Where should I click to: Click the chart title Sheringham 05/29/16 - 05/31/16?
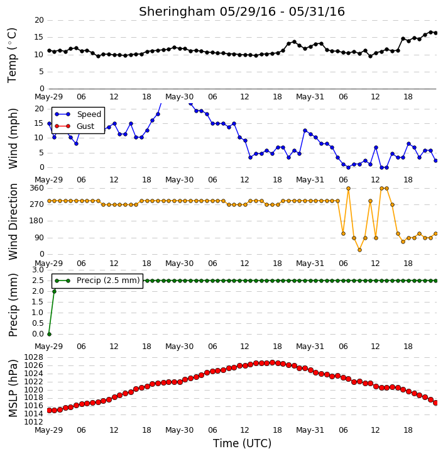[242, 11]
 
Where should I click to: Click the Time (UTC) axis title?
[242, 443]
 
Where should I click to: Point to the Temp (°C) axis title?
[12, 55]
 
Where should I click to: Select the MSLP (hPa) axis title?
[13, 388]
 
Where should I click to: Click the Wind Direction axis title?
[13, 221]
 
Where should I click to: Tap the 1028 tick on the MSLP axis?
[33, 357]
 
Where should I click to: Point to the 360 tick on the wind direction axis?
[36, 188]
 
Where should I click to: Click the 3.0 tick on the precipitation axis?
[38, 270]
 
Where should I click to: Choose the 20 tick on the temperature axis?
[39, 20]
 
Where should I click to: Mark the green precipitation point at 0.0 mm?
[49, 334]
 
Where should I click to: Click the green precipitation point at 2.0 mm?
[54, 291]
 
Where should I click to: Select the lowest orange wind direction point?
[359, 250]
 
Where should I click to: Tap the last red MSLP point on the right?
[435, 403]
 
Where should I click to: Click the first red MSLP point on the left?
[49, 410]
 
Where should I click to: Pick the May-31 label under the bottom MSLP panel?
[310, 430]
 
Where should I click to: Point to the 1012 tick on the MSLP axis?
[33, 422]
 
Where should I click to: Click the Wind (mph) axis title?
[13, 139]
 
